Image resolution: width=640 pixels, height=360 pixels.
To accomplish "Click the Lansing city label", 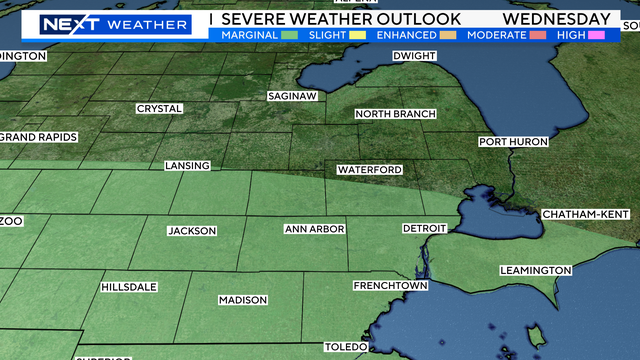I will click(x=188, y=165).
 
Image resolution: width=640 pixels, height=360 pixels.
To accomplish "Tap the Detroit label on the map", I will click(x=424, y=229).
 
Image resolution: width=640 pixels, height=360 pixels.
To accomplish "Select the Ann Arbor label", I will click(x=314, y=229).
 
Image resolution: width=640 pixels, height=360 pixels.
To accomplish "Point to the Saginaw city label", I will click(x=292, y=96).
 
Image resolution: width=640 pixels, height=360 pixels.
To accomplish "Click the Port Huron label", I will click(x=513, y=142).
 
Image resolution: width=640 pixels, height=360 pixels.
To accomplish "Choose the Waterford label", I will click(x=369, y=170).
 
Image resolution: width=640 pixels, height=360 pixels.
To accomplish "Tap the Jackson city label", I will click(x=192, y=231).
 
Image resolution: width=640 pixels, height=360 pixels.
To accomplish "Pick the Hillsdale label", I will click(x=129, y=287).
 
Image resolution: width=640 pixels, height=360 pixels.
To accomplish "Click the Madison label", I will click(x=243, y=300).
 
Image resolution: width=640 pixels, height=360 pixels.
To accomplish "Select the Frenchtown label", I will click(x=390, y=286).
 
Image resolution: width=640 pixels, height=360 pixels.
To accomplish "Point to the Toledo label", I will click(x=346, y=347).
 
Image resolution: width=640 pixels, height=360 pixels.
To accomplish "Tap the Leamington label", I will click(x=537, y=270).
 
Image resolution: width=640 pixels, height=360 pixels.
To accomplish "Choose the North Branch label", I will click(x=395, y=114).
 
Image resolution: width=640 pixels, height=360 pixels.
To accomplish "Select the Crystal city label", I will click(x=160, y=108).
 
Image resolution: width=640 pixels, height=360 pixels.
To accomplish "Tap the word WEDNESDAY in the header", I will click(x=557, y=19).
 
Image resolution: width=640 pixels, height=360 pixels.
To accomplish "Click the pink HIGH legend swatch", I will click(x=598, y=35).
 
